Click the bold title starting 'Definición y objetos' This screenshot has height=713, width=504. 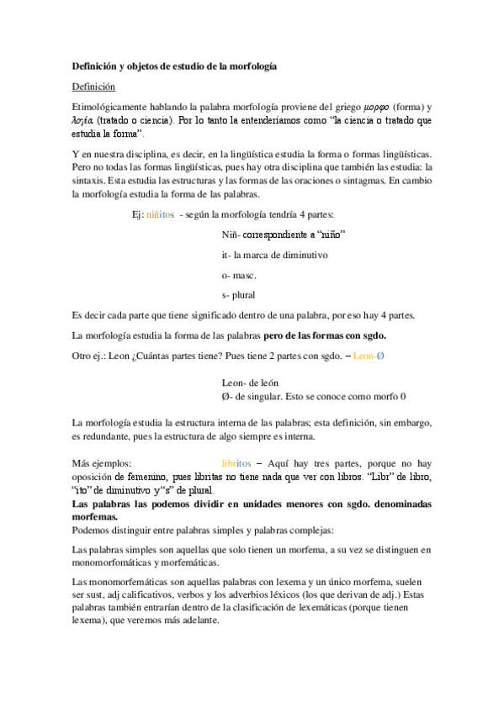174,66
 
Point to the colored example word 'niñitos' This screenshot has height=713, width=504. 160,214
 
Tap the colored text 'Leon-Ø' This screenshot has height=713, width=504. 370,356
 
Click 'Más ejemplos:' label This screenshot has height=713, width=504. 101,462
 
